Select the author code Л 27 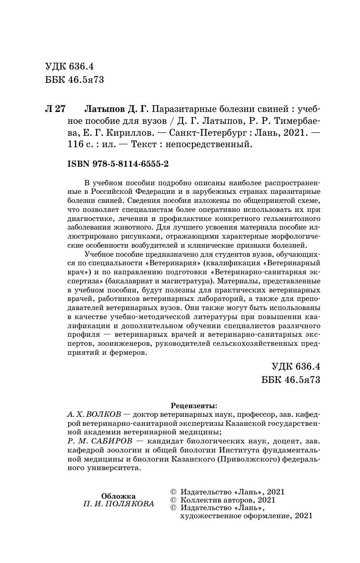pos(54,108)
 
